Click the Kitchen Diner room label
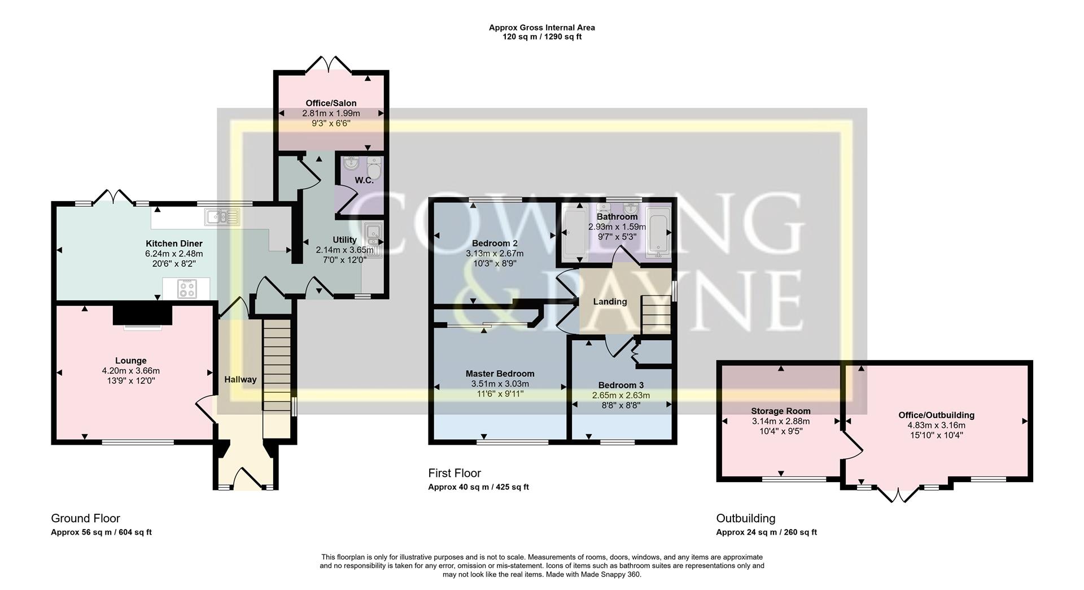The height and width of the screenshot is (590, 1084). (x=173, y=244)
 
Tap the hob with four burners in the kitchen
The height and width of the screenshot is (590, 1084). (x=187, y=289)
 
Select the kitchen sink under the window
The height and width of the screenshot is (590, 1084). (x=223, y=217)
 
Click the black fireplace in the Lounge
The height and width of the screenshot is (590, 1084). (x=142, y=315)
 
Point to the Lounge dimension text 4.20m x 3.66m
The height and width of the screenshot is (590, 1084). (x=130, y=371)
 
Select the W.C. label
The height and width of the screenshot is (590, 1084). (x=364, y=180)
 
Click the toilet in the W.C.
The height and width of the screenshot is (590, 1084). (x=374, y=168)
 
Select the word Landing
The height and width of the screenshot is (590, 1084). (x=610, y=302)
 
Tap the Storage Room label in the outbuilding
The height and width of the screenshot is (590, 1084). (x=780, y=411)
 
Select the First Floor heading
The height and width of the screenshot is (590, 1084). (x=454, y=473)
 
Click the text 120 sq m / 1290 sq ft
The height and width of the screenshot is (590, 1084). (x=541, y=37)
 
